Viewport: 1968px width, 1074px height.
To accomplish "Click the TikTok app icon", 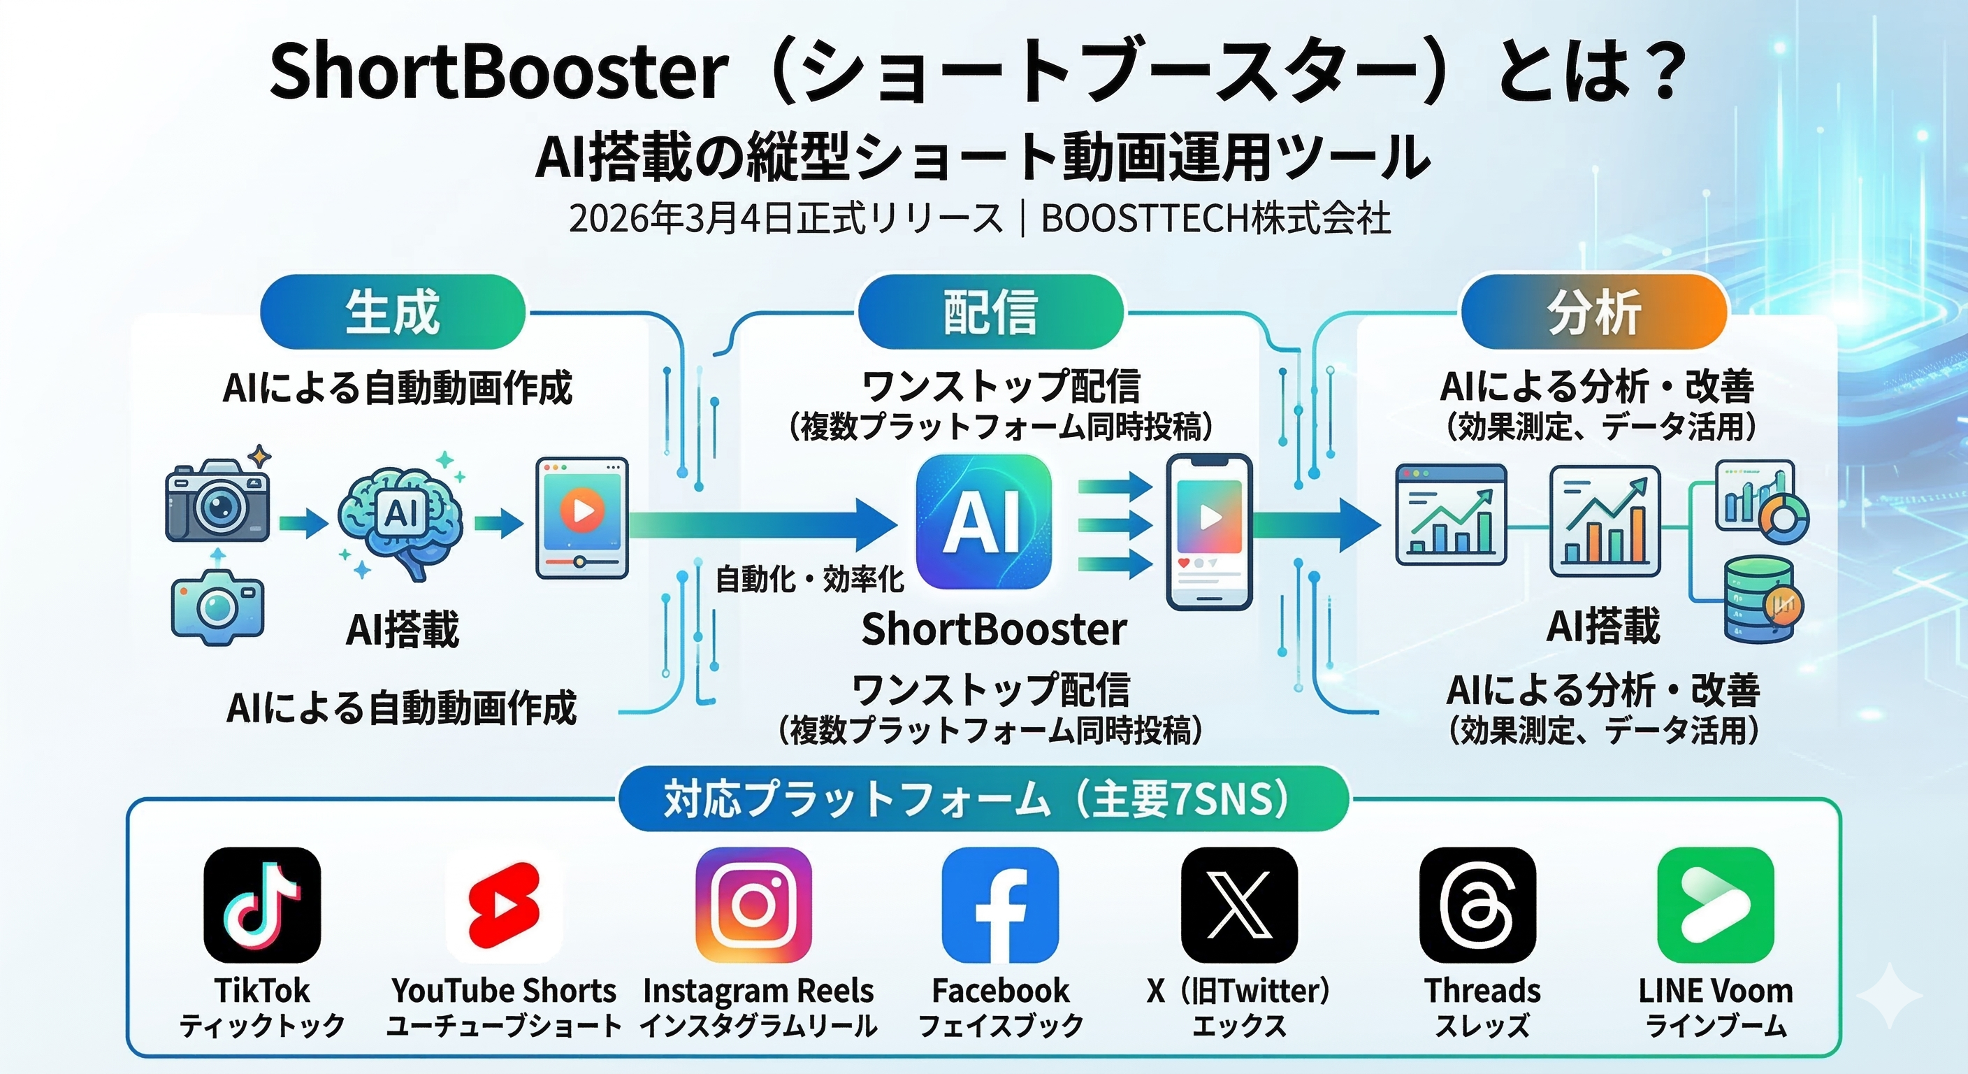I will pyautogui.click(x=262, y=905).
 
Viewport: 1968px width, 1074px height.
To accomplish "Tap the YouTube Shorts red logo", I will pyautogui.click(x=504, y=905).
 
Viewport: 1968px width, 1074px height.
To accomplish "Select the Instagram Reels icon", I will pyautogui.click(x=753, y=905).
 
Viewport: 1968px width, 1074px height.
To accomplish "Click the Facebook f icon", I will pyautogui.click(x=1000, y=905).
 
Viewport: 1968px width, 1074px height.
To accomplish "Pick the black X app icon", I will pyautogui.click(x=1239, y=905).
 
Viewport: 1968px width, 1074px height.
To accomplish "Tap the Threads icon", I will pyautogui.click(x=1477, y=905).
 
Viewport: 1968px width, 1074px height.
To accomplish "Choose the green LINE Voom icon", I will pyautogui.click(x=1716, y=905).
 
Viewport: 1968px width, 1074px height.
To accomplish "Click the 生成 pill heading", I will pyautogui.click(x=393, y=312).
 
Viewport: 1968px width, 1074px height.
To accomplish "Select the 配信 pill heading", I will pyautogui.click(x=991, y=312).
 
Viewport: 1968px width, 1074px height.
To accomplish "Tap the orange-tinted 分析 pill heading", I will pyautogui.click(x=1594, y=312).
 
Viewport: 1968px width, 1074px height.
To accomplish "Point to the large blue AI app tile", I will pyautogui.click(x=983, y=522).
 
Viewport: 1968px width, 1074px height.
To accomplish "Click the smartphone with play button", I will pyautogui.click(x=1209, y=532).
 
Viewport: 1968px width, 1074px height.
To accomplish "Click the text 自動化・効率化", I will pyautogui.click(x=810, y=580).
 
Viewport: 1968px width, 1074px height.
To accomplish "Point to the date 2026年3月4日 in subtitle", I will pyautogui.click(x=682, y=219).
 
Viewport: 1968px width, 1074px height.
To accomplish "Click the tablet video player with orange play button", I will pyautogui.click(x=581, y=517).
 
